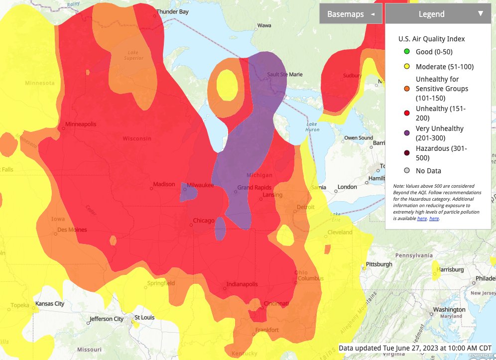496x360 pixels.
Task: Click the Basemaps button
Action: click(x=351, y=14)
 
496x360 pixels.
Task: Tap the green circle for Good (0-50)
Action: click(x=407, y=52)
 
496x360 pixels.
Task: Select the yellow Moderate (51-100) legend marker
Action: click(x=407, y=67)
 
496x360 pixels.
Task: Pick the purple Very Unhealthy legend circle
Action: click(x=407, y=133)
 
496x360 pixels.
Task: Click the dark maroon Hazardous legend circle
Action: click(x=407, y=153)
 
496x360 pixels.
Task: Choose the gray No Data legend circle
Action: click(x=407, y=171)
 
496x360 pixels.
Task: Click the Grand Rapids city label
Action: click(x=254, y=188)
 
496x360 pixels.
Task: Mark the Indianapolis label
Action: click(x=242, y=284)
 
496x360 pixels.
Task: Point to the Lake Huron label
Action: click(x=312, y=127)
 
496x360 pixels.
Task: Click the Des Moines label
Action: click(x=72, y=230)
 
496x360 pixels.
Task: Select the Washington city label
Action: click(x=449, y=309)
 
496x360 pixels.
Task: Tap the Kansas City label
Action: click(x=49, y=303)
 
